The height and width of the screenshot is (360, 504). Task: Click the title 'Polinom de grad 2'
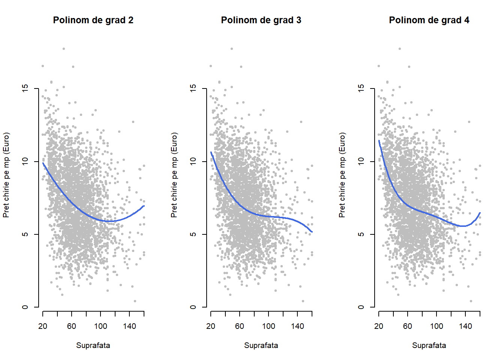(x=93, y=20)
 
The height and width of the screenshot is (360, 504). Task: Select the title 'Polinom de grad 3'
(x=261, y=20)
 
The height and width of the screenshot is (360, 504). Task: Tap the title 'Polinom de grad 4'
(x=429, y=20)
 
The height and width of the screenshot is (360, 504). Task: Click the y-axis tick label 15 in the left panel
(x=25, y=88)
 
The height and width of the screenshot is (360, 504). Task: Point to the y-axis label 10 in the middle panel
(x=193, y=161)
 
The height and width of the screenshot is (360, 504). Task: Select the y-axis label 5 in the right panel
(x=361, y=234)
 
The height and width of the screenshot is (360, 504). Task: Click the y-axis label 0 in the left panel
(x=25, y=307)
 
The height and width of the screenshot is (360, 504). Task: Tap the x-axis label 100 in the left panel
(x=100, y=326)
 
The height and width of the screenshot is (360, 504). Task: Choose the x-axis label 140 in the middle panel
(x=297, y=326)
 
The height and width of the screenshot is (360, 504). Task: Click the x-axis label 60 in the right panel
(x=408, y=326)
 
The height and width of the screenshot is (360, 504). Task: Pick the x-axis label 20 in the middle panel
(x=211, y=326)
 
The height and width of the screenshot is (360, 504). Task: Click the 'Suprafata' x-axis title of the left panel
(x=93, y=345)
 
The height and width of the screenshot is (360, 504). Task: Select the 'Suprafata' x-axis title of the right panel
(x=429, y=345)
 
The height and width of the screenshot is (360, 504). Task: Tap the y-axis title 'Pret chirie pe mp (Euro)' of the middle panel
(x=174, y=175)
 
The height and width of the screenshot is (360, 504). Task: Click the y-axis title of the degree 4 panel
(x=342, y=175)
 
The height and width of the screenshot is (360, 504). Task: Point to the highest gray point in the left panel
(x=64, y=49)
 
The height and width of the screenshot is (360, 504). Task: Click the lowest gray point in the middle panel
(x=303, y=301)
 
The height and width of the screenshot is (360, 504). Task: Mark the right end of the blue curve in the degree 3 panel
(x=312, y=232)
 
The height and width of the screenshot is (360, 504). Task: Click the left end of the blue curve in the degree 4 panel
(x=379, y=141)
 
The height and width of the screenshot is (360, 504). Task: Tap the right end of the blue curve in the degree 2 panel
(x=144, y=206)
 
